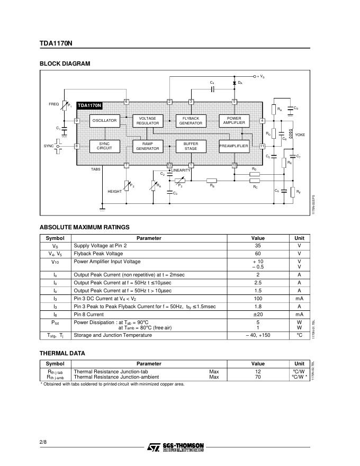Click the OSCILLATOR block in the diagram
tap(104, 121)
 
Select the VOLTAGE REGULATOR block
tap(148, 121)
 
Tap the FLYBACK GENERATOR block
tap(191, 121)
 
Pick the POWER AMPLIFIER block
tap(234, 121)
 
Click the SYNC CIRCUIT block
tap(104, 146)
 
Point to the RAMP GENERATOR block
tap(148, 146)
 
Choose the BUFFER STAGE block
tap(191, 146)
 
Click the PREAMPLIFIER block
tap(234, 146)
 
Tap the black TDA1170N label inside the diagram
tap(89, 106)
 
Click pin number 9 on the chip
tap(77, 121)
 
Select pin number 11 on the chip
tap(262, 146)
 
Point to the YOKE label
tap(300, 135)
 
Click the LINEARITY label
tap(181, 170)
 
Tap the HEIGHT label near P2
tap(115, 192)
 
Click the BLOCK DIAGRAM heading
tap(65, 64)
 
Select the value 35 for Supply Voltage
tap(258, 246)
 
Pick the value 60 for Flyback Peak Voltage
tap(258, 254)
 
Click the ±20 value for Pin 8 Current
tap(258, 315)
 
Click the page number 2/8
tap(43, 442)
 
